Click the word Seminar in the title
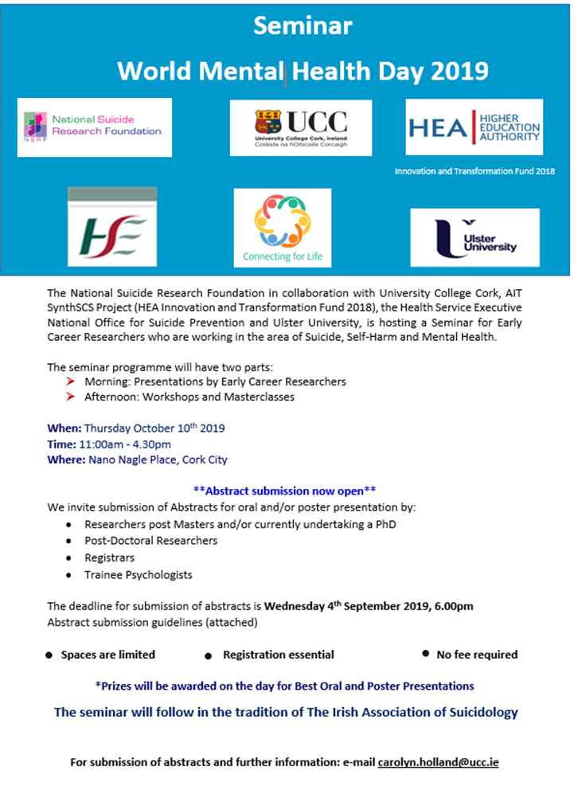click(x=303, y=25)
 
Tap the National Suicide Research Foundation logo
click(x=94, y=127)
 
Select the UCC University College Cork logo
click(x=301, y=127)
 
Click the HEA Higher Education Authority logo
click(x=474, y=127)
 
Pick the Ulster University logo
click(x=474, y=237)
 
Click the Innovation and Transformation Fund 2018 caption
click(x=474, y=171)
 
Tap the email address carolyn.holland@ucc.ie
click(x=438, y=762)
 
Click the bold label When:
click(x=64, y=428)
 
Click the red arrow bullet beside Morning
click(x=71, y=381)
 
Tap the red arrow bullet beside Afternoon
click(x=71, y=397)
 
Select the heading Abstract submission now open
click(x=284, y=491)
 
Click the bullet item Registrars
click(x=109, y=558)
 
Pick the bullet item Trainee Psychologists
click(x=138, y=574)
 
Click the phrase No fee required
click(x=477, y=655)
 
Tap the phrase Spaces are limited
click(x=107, y=655)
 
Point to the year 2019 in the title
click(x=459, y=71)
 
